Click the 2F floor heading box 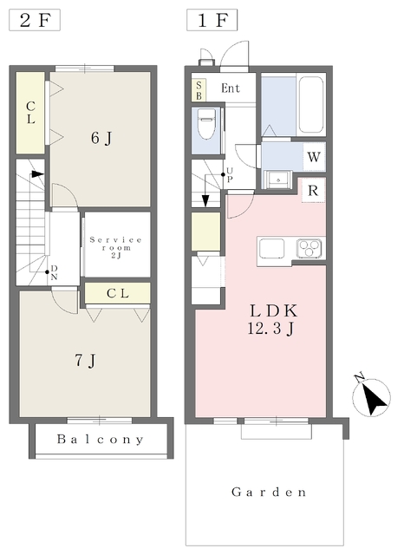coord(35,20)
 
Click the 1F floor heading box coord(212,20)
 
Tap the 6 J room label coord(101,138)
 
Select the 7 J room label coord(85,361)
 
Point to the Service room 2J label coord(116,247)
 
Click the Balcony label coord(101,440)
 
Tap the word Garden coord(269,492)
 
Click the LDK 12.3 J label coord(271,320)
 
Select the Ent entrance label coord(231,88)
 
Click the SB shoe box coord(199,90)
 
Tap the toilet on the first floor coord(205,123)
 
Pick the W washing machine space coord(314,156)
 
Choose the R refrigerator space coord(313,191)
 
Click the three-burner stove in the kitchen coord(310,248)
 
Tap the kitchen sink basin coord(271,248)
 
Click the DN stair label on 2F coord(54,272)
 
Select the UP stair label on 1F coord(230,175)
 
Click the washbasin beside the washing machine coord(278,180)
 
